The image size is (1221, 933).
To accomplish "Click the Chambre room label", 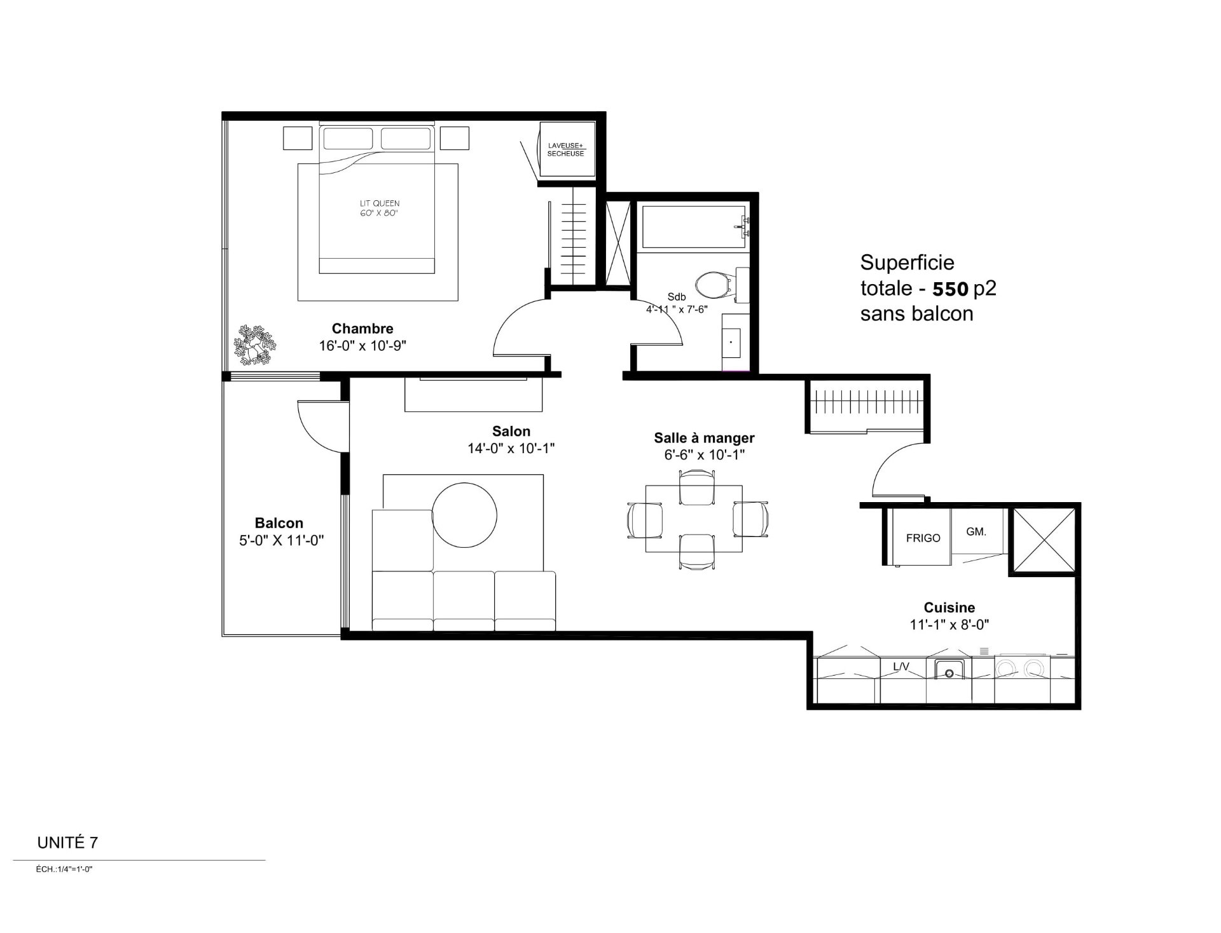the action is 362,329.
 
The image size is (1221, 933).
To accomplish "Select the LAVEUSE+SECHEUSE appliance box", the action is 567,150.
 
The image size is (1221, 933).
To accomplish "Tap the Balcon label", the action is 279,523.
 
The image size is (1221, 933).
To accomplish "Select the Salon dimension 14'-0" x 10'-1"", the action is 511,448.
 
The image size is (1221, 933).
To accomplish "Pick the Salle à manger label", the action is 704,438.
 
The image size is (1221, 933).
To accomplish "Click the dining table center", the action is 694,519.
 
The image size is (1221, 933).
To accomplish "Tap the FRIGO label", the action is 923,538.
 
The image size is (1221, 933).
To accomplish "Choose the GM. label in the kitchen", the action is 976,532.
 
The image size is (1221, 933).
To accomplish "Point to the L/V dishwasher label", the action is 901,667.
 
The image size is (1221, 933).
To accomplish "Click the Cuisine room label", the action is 949,608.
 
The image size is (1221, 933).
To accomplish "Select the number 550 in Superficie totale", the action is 950,289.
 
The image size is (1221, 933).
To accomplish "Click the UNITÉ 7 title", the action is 67,843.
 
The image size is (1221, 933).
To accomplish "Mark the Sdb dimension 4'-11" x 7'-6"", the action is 677,310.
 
